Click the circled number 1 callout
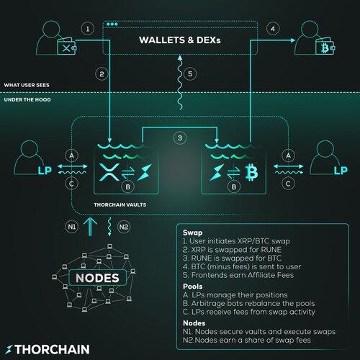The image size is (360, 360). coord(87,29)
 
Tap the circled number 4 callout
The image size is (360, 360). coord(273,29)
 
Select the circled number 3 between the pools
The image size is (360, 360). coord(180,138)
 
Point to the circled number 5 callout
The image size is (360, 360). coord(190,73)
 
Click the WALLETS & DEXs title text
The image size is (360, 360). coord(180,40)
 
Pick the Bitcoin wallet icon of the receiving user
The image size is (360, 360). coord(325,48)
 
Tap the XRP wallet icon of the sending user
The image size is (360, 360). coord(67,48)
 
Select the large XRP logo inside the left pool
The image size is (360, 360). coord(109,172)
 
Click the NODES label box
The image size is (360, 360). coord(97,278)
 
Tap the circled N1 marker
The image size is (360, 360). coord(72,227)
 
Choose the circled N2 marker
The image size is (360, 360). coord(124,227)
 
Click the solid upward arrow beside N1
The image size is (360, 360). coord(90,227)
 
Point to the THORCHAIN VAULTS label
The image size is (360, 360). coord(120,204)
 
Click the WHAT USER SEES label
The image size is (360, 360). coord(27,85)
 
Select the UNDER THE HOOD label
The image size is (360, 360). coord(27,99)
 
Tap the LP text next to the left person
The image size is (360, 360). coord(45,171)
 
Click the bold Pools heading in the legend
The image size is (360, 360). coord(193,287)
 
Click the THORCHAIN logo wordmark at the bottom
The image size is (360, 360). coord(48,349)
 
